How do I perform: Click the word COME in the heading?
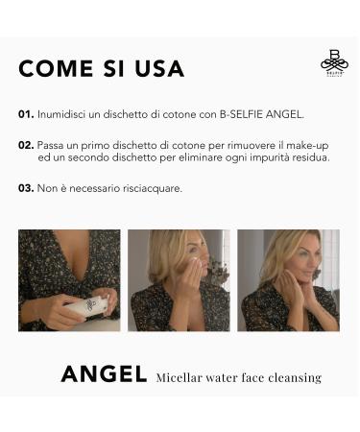pyautogui.click(x=56, y=68)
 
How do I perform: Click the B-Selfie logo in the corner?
pyautogui.click(x=335, y=62)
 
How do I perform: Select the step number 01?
pyautogui.click(x=26, y=114)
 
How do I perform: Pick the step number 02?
pyautogui.click(x=26, y=145)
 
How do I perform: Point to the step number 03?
pyautogui.click(x=26, y=188)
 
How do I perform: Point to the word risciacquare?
pyautogui.click(x=153, y=188)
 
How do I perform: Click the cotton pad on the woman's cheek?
pyautogui.click(x=194, y=264)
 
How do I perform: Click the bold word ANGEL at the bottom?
pyautogui.click(x=104, y=374)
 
